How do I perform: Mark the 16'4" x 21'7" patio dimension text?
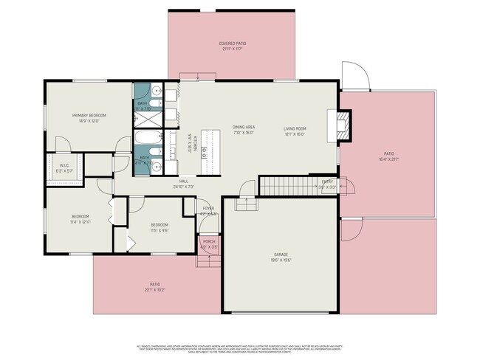tap(388, 158)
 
